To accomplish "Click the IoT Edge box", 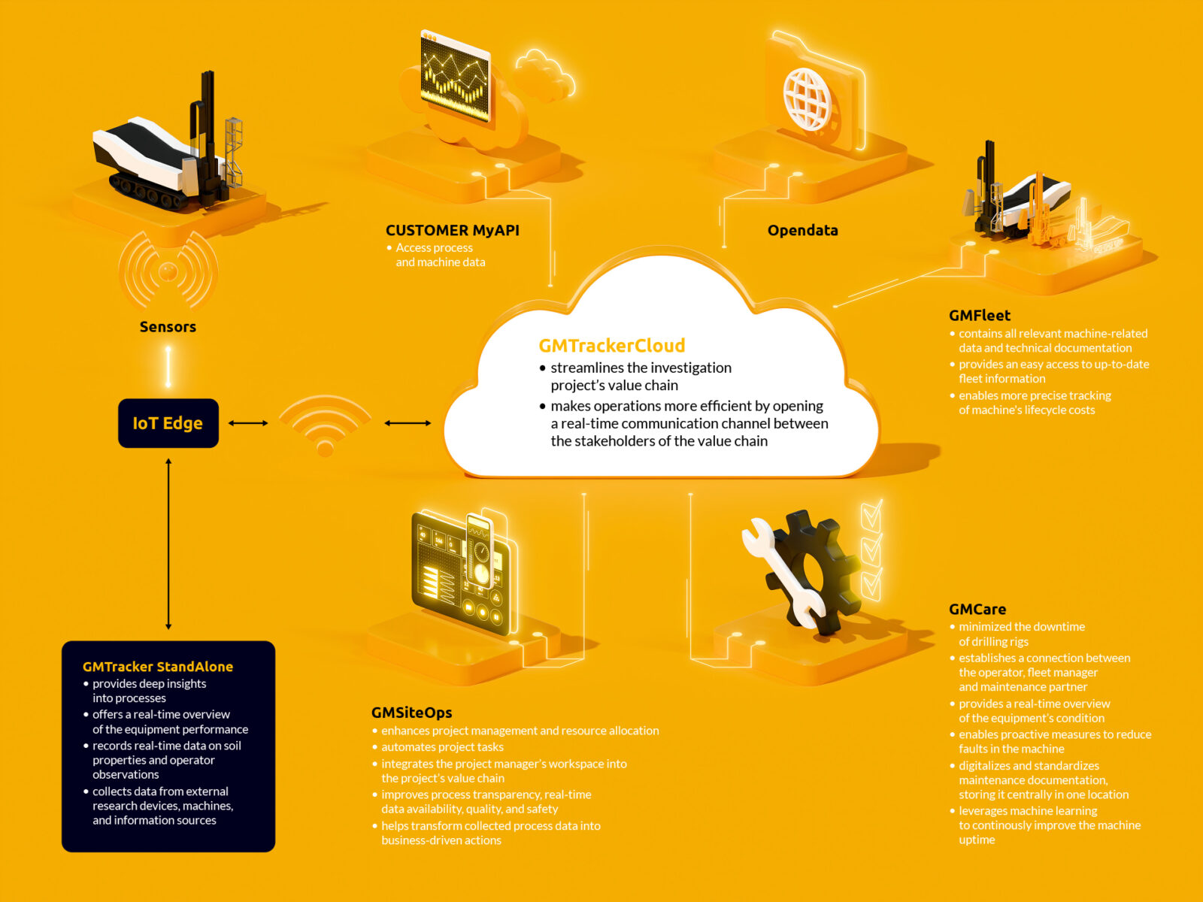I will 168,423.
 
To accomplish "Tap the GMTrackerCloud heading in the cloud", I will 611,346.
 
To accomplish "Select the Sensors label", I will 168,327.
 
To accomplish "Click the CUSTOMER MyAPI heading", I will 452,231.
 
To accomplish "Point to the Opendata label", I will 802,231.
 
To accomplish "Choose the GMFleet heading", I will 979,316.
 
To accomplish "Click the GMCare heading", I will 977,610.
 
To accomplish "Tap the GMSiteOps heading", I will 411,713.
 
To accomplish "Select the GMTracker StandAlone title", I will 158,667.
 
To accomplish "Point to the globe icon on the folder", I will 807,98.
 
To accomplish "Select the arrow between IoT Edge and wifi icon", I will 248,423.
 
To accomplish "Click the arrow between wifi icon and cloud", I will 408,423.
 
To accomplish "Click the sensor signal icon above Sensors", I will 168,271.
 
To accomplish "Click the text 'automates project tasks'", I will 442,747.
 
